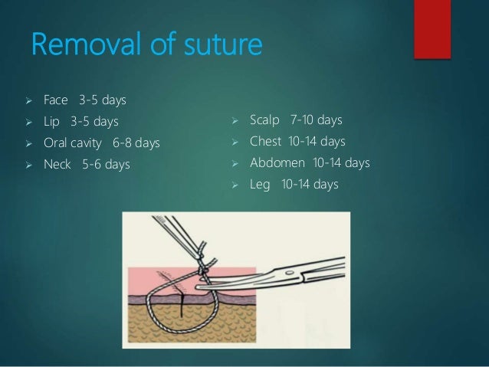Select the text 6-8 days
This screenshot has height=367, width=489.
[136, 143]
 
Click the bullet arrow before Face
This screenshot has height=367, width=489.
[28, 100]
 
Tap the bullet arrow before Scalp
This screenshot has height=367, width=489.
[236, 120]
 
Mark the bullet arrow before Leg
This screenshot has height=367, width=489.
[236, 185]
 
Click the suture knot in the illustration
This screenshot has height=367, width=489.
[202, 268]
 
